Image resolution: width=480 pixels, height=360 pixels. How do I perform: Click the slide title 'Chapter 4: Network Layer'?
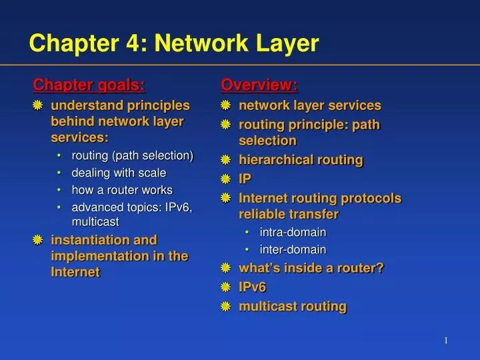[174, 44]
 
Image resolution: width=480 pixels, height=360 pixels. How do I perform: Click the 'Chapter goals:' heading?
[89, 85]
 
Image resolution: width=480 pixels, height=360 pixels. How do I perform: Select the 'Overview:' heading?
[259, 85]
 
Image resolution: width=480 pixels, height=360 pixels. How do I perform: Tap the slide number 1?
[445, 341]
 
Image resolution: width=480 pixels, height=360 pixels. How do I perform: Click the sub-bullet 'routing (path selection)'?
[132, 155]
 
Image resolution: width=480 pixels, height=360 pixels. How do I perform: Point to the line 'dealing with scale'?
[119, 173]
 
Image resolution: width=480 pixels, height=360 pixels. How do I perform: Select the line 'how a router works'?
[122, 190]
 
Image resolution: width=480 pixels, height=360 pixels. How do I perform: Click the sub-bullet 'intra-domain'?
[293, 232]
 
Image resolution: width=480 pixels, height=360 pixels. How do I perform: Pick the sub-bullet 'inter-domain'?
[293, 250]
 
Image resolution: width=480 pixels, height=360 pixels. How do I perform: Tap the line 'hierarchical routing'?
[301, 159]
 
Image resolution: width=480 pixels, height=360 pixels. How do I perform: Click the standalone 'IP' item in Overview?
[245, 179]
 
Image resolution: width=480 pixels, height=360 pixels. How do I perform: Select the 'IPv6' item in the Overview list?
[253, 287]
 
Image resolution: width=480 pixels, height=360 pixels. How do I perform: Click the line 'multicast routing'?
[293, 306]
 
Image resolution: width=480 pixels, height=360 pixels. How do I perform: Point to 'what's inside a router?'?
[311, 268]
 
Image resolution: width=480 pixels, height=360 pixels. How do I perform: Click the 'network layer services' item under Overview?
[310, 105]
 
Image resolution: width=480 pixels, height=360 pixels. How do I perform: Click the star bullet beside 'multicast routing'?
[225, 307]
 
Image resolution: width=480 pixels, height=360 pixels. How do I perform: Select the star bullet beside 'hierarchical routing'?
[225, 160]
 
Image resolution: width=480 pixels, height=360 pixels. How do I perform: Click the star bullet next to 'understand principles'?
[38, 105]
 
